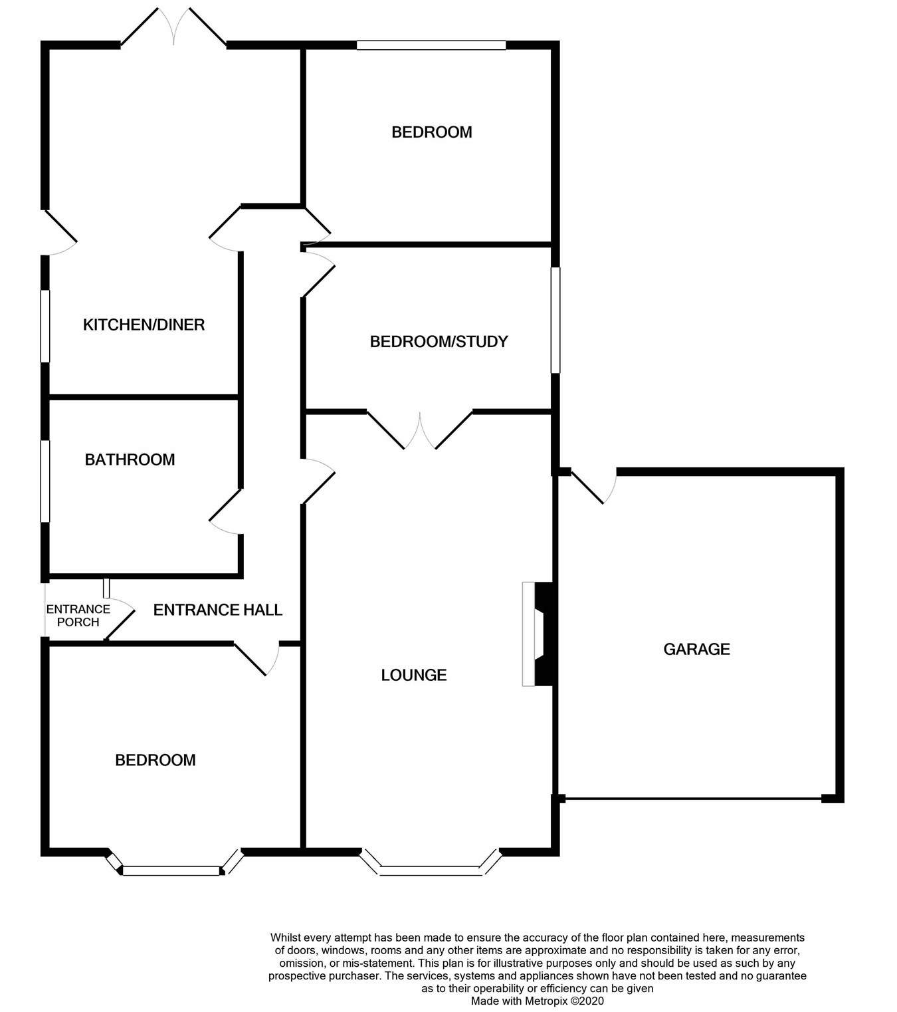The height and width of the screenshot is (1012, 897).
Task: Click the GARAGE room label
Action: click(696, 649)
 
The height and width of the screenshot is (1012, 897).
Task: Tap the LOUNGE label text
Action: click(413, 675)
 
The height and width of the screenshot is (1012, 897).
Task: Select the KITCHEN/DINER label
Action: click(144, 324)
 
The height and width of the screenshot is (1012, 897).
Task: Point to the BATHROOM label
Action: click(130, 459)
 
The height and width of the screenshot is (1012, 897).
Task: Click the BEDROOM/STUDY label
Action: click(439, 342)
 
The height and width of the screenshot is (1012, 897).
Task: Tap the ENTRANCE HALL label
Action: click(217, 610)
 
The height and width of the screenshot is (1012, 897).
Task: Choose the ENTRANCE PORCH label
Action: click(78, 616)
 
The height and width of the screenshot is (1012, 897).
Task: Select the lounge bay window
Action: click(431, 868)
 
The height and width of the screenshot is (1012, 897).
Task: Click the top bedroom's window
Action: click(431, 45)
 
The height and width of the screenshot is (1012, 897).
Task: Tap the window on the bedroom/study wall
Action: click(555, 320)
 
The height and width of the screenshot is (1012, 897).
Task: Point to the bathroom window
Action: click(45, 481)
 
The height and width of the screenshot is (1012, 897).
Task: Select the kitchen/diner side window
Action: click(45, 326)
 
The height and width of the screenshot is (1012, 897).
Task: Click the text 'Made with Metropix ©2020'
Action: click(538, 1001)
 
